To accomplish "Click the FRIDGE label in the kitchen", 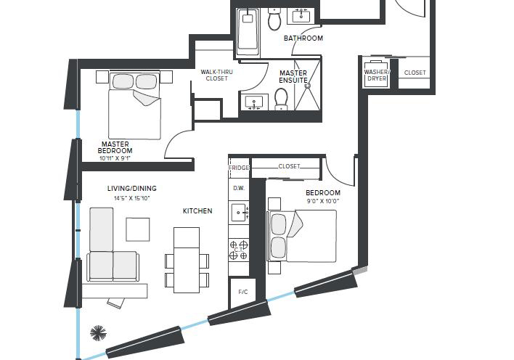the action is tap(239, 168).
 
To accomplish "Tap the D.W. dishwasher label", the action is tap(239, 189).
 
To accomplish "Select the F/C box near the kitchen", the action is tap(243, 292).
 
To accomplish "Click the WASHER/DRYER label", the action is tap(377, 75).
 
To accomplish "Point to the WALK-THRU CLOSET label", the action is tap(216, 75).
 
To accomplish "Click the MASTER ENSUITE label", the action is tap(293, 77).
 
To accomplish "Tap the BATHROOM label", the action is tap(303, 38).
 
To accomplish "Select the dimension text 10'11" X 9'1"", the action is tap(115, 158).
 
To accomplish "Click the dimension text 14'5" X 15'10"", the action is tap(132, 198).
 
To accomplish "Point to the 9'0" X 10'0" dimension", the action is tap(323, 201).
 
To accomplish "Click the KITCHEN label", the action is tap(197, 210).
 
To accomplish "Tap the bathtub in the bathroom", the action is tap(248, 32).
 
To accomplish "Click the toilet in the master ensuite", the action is tap(281, 99).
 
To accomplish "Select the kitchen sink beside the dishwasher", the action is tap(239, 213).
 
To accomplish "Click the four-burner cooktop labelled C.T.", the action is tap(239, 250).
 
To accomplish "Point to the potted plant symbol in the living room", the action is tap(98, 333).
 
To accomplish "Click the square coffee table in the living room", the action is tap(138, 229).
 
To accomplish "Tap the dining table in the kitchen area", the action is tap(187, 260).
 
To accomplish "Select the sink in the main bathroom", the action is tap(301, 15).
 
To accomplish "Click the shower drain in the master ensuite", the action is tap(308, 86).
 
